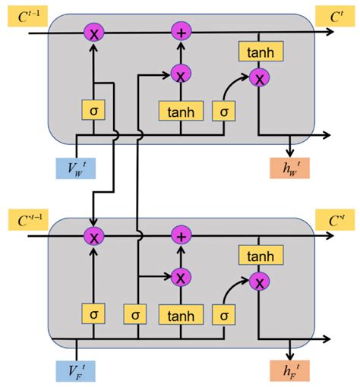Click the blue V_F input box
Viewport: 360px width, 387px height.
(x=77, y=373)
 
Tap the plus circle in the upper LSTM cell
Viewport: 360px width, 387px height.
(x=181, y=33)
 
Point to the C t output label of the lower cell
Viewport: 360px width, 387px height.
(x=334, y=219)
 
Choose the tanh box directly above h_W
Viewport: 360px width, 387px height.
(x=261, y=52)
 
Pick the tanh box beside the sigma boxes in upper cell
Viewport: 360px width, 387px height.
(x=181, y=112)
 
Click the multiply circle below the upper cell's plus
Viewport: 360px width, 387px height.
(x=181, y=74)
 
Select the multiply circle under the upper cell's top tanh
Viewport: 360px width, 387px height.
(x=261, y=78)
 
